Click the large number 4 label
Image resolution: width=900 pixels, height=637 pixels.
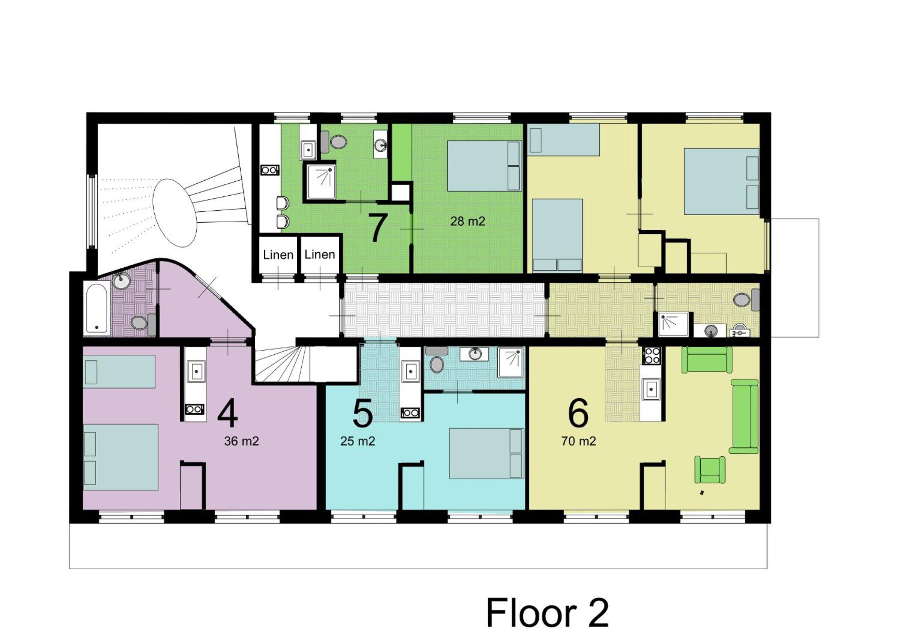pos(228,414)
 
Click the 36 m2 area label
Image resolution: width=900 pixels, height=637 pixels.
pos(241,441)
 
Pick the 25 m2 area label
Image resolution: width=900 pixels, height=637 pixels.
pos(358,441)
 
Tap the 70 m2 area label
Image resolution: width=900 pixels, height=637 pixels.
pos(579,441)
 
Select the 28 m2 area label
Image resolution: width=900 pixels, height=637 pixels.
pos(468,221)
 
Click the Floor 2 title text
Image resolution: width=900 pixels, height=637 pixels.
pos(547,613)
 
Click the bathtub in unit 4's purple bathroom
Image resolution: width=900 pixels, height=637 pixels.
pos(96,308)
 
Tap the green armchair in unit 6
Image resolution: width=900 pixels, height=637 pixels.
pos(709,469)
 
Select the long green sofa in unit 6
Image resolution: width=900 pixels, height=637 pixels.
pos(744,417)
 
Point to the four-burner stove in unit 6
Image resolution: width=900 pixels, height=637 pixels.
pos(651,356)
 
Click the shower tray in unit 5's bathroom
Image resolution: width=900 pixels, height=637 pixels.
pos(510,362)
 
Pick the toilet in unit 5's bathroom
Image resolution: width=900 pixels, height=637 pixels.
pos(436,360)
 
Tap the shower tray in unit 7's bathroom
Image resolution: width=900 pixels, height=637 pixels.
pos(321,182)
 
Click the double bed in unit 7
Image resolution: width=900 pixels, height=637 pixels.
pos(484,166)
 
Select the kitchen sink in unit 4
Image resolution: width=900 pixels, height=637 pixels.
pos(196,371)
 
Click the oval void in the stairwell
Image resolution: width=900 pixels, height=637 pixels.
pos(174,213)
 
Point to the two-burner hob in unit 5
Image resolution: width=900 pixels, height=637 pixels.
pos(410,412)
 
